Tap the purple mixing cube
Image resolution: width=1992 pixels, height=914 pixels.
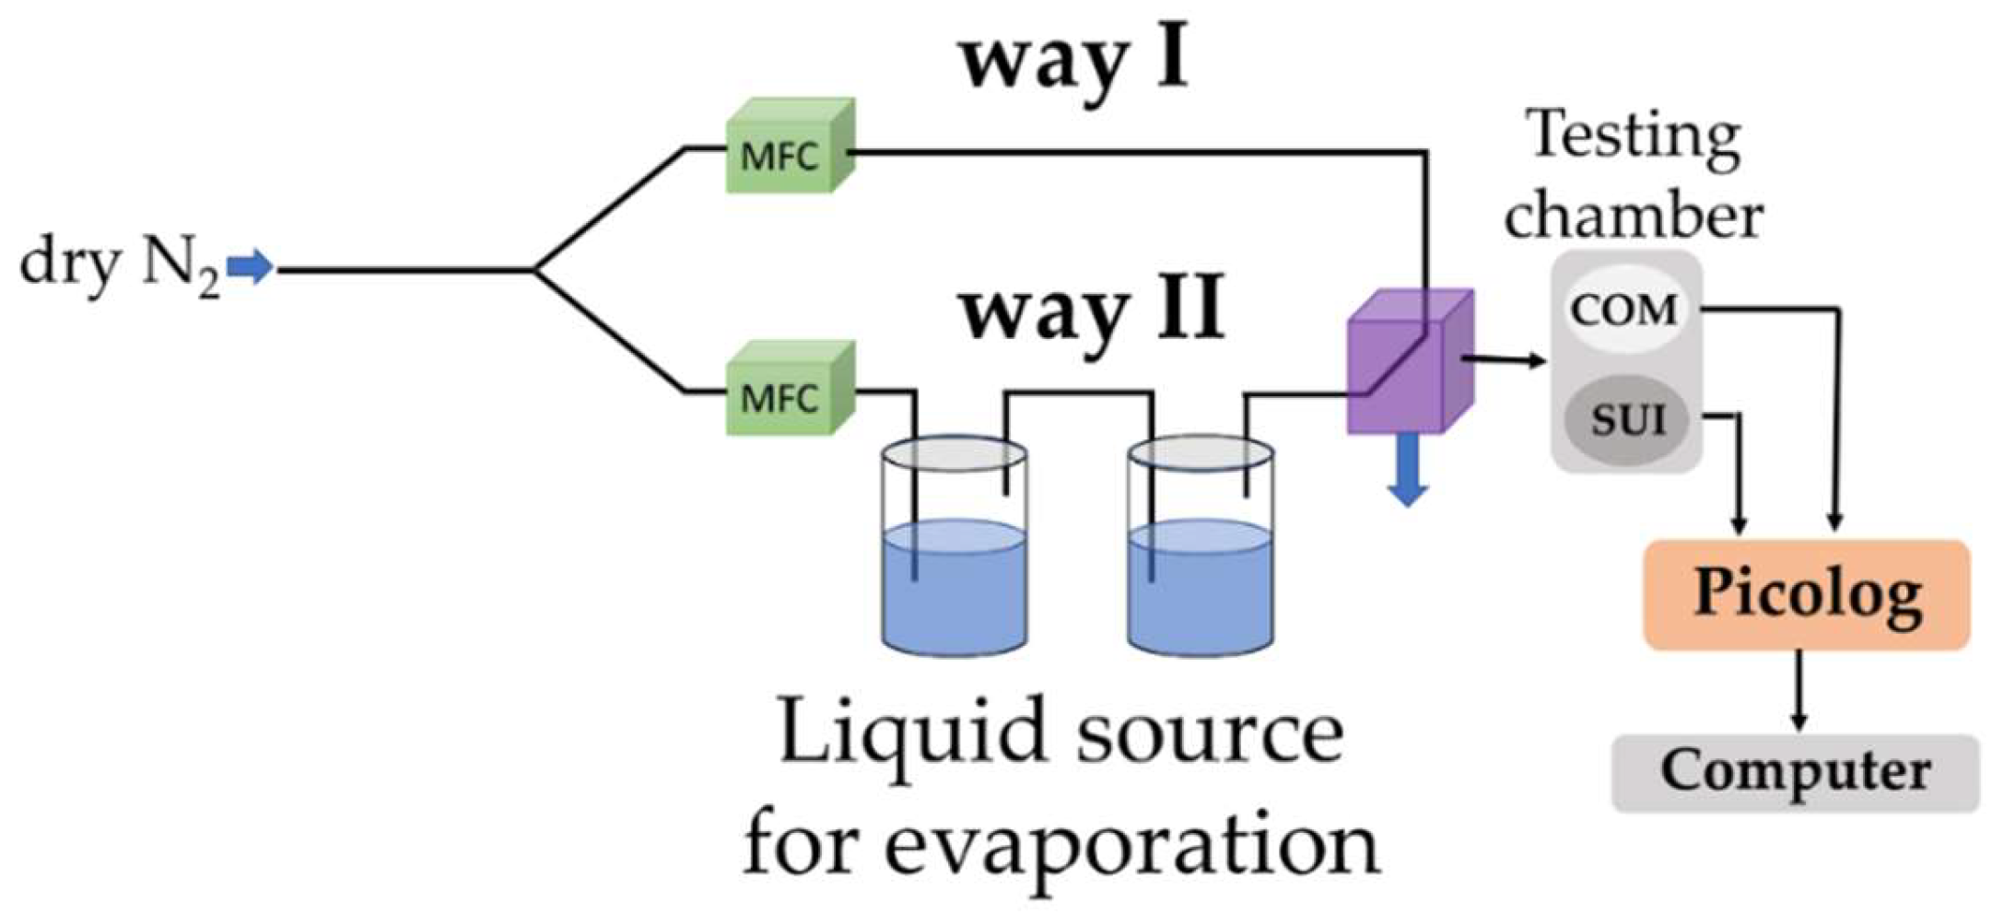click(x=1409, y=364)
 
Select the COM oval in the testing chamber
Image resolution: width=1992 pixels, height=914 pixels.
click(x=1624, y=310)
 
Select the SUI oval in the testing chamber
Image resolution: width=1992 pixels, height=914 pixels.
click(x=1627, y=420)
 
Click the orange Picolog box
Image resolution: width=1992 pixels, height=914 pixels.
click(x=1807, y=593)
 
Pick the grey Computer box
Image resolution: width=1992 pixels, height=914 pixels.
click(x=1795, y=772)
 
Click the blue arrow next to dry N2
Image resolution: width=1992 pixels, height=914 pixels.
click(x=250, y=267)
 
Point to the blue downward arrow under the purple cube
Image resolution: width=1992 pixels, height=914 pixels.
click(x=1407, y=470)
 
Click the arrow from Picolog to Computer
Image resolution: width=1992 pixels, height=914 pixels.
click(x=1799, y=691)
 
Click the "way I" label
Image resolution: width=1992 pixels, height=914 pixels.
click(x=1073, y=61)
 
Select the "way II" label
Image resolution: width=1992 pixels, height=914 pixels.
click(x=1092, y=309)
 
